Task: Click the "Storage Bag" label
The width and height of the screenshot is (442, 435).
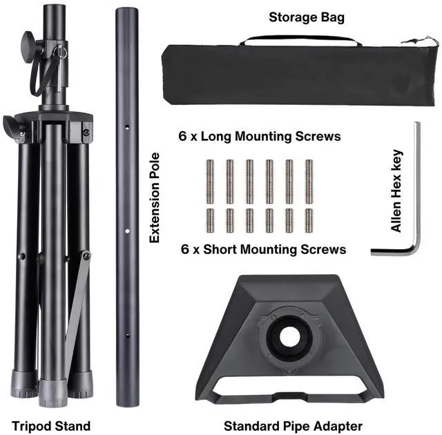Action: [306, 17]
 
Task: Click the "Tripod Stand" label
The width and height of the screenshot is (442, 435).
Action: [51, 425]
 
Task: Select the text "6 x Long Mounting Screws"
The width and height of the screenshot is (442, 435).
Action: [260, 137]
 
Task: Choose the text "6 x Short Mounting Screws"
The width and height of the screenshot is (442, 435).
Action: [262, 249]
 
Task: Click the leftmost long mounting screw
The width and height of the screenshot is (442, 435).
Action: [210, 181]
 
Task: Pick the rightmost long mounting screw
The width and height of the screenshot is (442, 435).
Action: [309, 181]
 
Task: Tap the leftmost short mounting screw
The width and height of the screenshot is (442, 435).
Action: [210, 220]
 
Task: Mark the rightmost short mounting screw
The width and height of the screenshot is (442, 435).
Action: [309, 220]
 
